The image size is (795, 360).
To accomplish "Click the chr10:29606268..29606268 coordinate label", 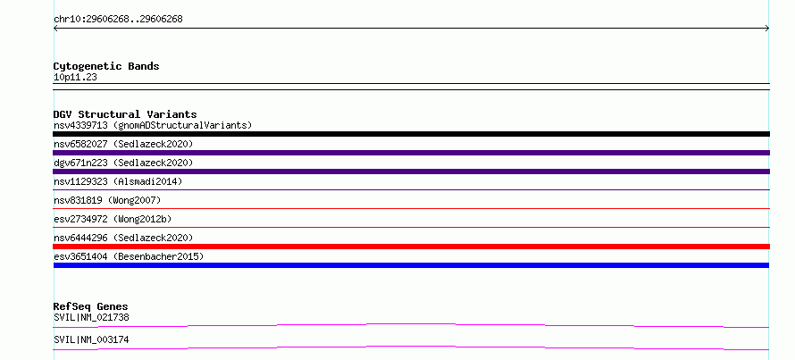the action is (118, 20).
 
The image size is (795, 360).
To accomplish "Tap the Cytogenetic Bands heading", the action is (106, 66).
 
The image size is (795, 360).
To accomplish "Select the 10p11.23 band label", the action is (75, 78).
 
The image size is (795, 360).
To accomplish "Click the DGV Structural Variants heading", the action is (125, 114).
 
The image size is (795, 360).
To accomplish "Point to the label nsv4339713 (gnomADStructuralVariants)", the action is (153, 125).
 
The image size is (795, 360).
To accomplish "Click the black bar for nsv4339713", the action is (411, 134).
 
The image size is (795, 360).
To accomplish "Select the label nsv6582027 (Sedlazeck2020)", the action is (123, 144).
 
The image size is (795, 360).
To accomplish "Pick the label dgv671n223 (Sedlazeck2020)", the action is (123, 163).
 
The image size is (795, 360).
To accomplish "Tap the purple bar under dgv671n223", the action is (411, 172).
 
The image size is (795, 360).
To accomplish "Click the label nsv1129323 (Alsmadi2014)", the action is (118, 181).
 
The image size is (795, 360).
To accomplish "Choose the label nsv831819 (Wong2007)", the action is (107, 200).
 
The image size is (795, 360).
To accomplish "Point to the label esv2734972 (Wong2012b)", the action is (113, 219).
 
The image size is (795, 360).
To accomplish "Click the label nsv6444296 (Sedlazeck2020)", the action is (123, 238).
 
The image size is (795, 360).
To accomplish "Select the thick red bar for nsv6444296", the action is (411, 247).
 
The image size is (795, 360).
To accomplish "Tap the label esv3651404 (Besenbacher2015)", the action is (129, 256).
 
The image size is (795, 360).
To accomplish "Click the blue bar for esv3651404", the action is (411, 265).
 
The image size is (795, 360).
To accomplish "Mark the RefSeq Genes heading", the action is (91, 306).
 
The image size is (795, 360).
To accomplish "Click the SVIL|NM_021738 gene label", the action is (91, 317).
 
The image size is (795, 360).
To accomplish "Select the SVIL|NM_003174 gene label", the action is (91, 339).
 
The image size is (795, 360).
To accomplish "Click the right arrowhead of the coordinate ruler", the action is (768, 29).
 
